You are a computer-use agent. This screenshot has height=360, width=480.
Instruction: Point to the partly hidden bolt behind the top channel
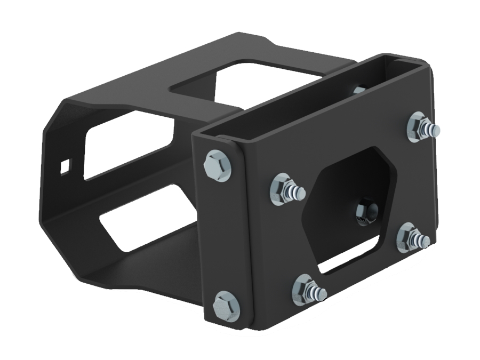point(358,90)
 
